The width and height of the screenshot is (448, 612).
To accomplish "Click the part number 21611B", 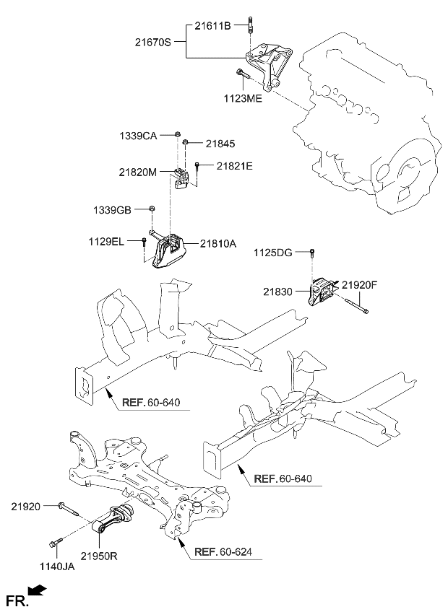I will (x=212, y=25).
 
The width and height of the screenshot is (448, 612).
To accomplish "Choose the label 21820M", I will (x=138, y=172).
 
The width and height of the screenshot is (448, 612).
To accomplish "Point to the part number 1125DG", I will (x=274, y=252).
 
